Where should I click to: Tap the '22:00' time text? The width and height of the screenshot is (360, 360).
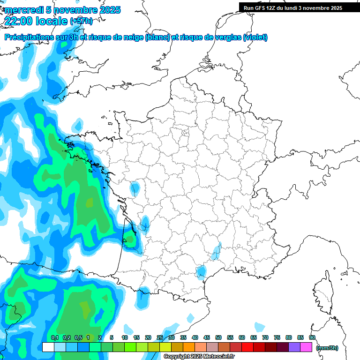tap(19, 21)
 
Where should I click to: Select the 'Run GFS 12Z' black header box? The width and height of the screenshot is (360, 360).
tap(293, 8)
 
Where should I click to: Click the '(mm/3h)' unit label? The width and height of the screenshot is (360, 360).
tap(328, 348)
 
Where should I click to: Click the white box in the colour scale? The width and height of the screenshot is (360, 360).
tap(48, 347)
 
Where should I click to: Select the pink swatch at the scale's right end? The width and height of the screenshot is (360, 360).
tap(306, 347)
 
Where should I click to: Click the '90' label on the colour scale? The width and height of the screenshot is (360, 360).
tap(312, 337)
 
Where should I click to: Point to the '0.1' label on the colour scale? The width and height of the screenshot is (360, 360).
tap(55, 337)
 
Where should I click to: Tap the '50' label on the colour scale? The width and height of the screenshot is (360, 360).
tap(218, 337)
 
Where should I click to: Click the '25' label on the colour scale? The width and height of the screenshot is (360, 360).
tap(160, 337)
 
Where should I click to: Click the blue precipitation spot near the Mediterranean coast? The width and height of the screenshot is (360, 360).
tap(202, 271)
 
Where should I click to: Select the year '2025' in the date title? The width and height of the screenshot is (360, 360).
tap(107, 10)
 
